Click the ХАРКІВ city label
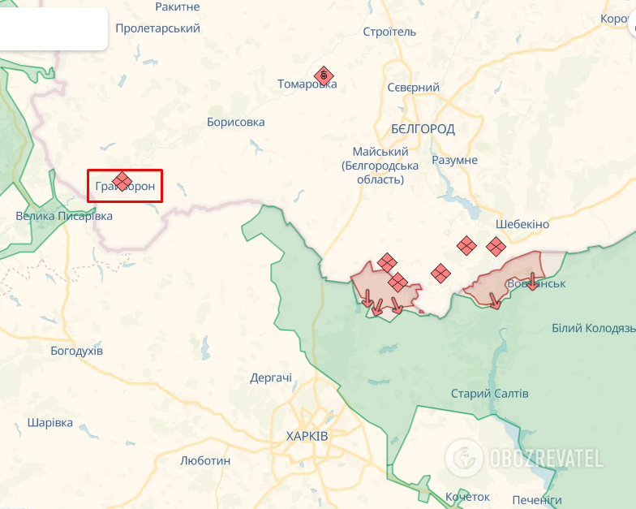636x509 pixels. (x=307, y=436)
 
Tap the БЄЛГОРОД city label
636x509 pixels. (x=423, y=129)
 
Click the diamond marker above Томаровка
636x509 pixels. (x=324, y=76)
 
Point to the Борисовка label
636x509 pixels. (x=235, y=123)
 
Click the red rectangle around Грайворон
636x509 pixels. (x=125, y=186)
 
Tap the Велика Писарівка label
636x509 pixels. (x=64, y=216)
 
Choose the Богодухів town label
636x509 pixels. (x=76, y=351)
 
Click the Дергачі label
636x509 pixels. (x=271, y=377)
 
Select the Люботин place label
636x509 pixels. (x=205, y=460)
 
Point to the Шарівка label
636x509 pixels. (x=49, y=423)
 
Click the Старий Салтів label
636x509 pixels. (x=489, y=394)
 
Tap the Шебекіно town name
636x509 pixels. (x=522, y=224)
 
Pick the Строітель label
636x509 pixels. (x=389, y=32)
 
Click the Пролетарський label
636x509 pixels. (x=157, y=28)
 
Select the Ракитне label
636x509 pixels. (x=177, y=6)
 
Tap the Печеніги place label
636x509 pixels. (x=537, y=499)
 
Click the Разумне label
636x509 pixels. (x=454, y=160)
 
